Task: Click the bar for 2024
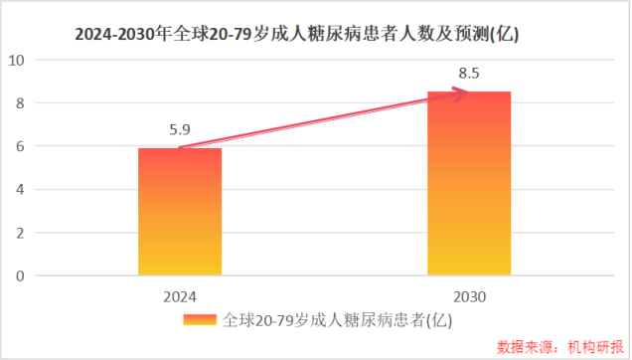point(180,211)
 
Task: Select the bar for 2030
point(469,183)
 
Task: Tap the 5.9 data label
point(180,128)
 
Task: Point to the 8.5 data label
point(469,73)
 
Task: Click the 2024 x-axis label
point(180,296)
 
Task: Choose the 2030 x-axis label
point(469,296)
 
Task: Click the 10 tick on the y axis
point(16,60)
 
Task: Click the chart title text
point(298,34)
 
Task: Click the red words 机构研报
point(593,347)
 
